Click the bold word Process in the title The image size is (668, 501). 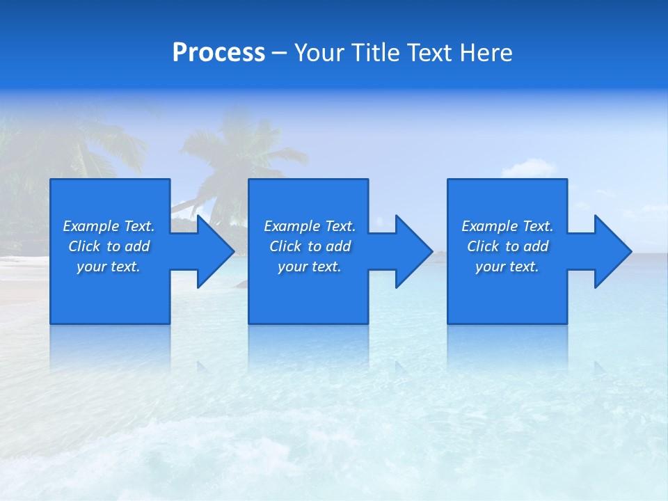click(x=218, y=53)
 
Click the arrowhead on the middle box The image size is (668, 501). click(x=413, y=251)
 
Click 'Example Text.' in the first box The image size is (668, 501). click(x=109, y=226)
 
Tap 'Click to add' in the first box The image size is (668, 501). click(x=109, y=246)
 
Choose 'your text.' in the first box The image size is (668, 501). click(x=109, y=267)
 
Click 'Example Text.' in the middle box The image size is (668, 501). click(x=310, y=226)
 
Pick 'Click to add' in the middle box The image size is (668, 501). click(x=310, y=246)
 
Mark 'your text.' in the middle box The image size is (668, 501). click(x=310, y=267)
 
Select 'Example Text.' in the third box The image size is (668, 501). click(x=507, y=226)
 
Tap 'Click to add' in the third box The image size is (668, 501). click(x=507, y=246)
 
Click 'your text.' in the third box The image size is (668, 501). click(x=507, y=267)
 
